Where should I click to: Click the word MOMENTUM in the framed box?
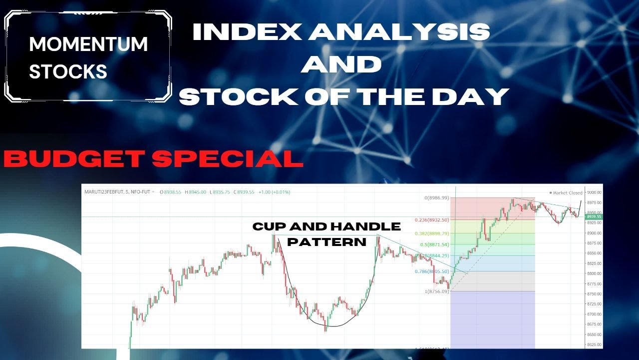pos(88,44)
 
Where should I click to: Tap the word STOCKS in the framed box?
pos(68,72)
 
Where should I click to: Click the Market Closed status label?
pos(567,192)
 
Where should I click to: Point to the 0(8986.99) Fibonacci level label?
pos(436,198)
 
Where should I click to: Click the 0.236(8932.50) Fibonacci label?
pos(432,220)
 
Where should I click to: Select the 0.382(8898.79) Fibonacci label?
pos(432,233)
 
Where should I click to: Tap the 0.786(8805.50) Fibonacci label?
pos(432,271)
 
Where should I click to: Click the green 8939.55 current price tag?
pos(595,216)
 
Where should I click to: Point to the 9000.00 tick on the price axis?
pos(595,192)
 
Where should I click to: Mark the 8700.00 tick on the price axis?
pos(595,314)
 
